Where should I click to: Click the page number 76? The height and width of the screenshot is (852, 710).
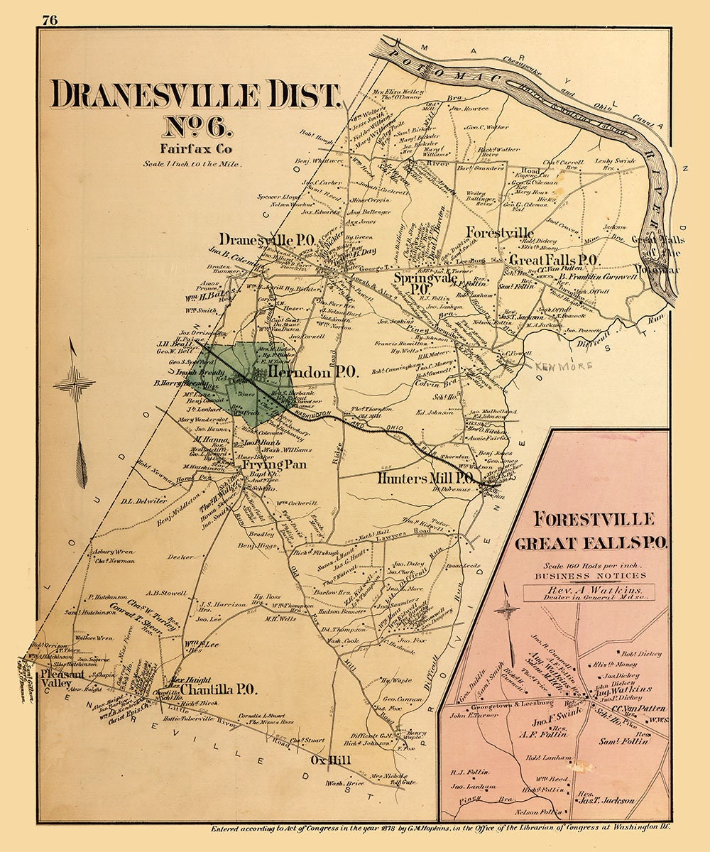[x=49, y=20]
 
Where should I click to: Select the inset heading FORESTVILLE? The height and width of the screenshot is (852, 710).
[x=594, y=518]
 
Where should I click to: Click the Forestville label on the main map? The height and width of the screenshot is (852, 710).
[x=500, y=233]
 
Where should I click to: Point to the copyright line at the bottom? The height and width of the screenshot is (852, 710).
[x=440, y=828]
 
